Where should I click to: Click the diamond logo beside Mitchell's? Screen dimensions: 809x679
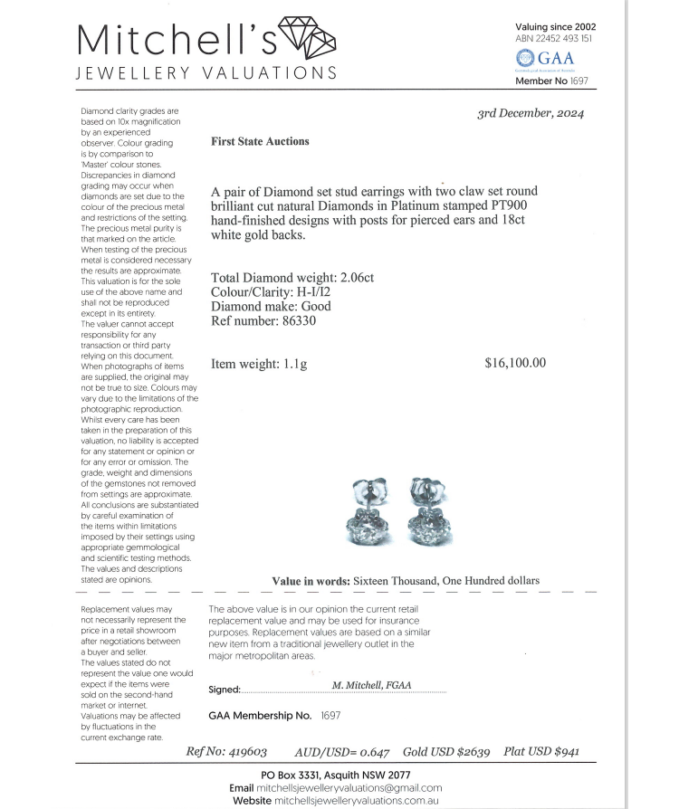309,37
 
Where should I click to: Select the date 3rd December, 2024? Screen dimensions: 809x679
531,113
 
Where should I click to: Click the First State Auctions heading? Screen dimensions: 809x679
260,141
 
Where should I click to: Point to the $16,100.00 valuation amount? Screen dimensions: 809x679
515,363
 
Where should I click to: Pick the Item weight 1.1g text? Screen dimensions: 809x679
259,364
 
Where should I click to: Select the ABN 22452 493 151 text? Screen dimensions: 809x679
554,39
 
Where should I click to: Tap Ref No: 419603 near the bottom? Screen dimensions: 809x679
226,752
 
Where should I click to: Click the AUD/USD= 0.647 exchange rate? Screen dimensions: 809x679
342,752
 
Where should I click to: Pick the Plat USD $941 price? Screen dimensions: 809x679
541,752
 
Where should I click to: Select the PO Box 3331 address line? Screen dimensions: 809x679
336,776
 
